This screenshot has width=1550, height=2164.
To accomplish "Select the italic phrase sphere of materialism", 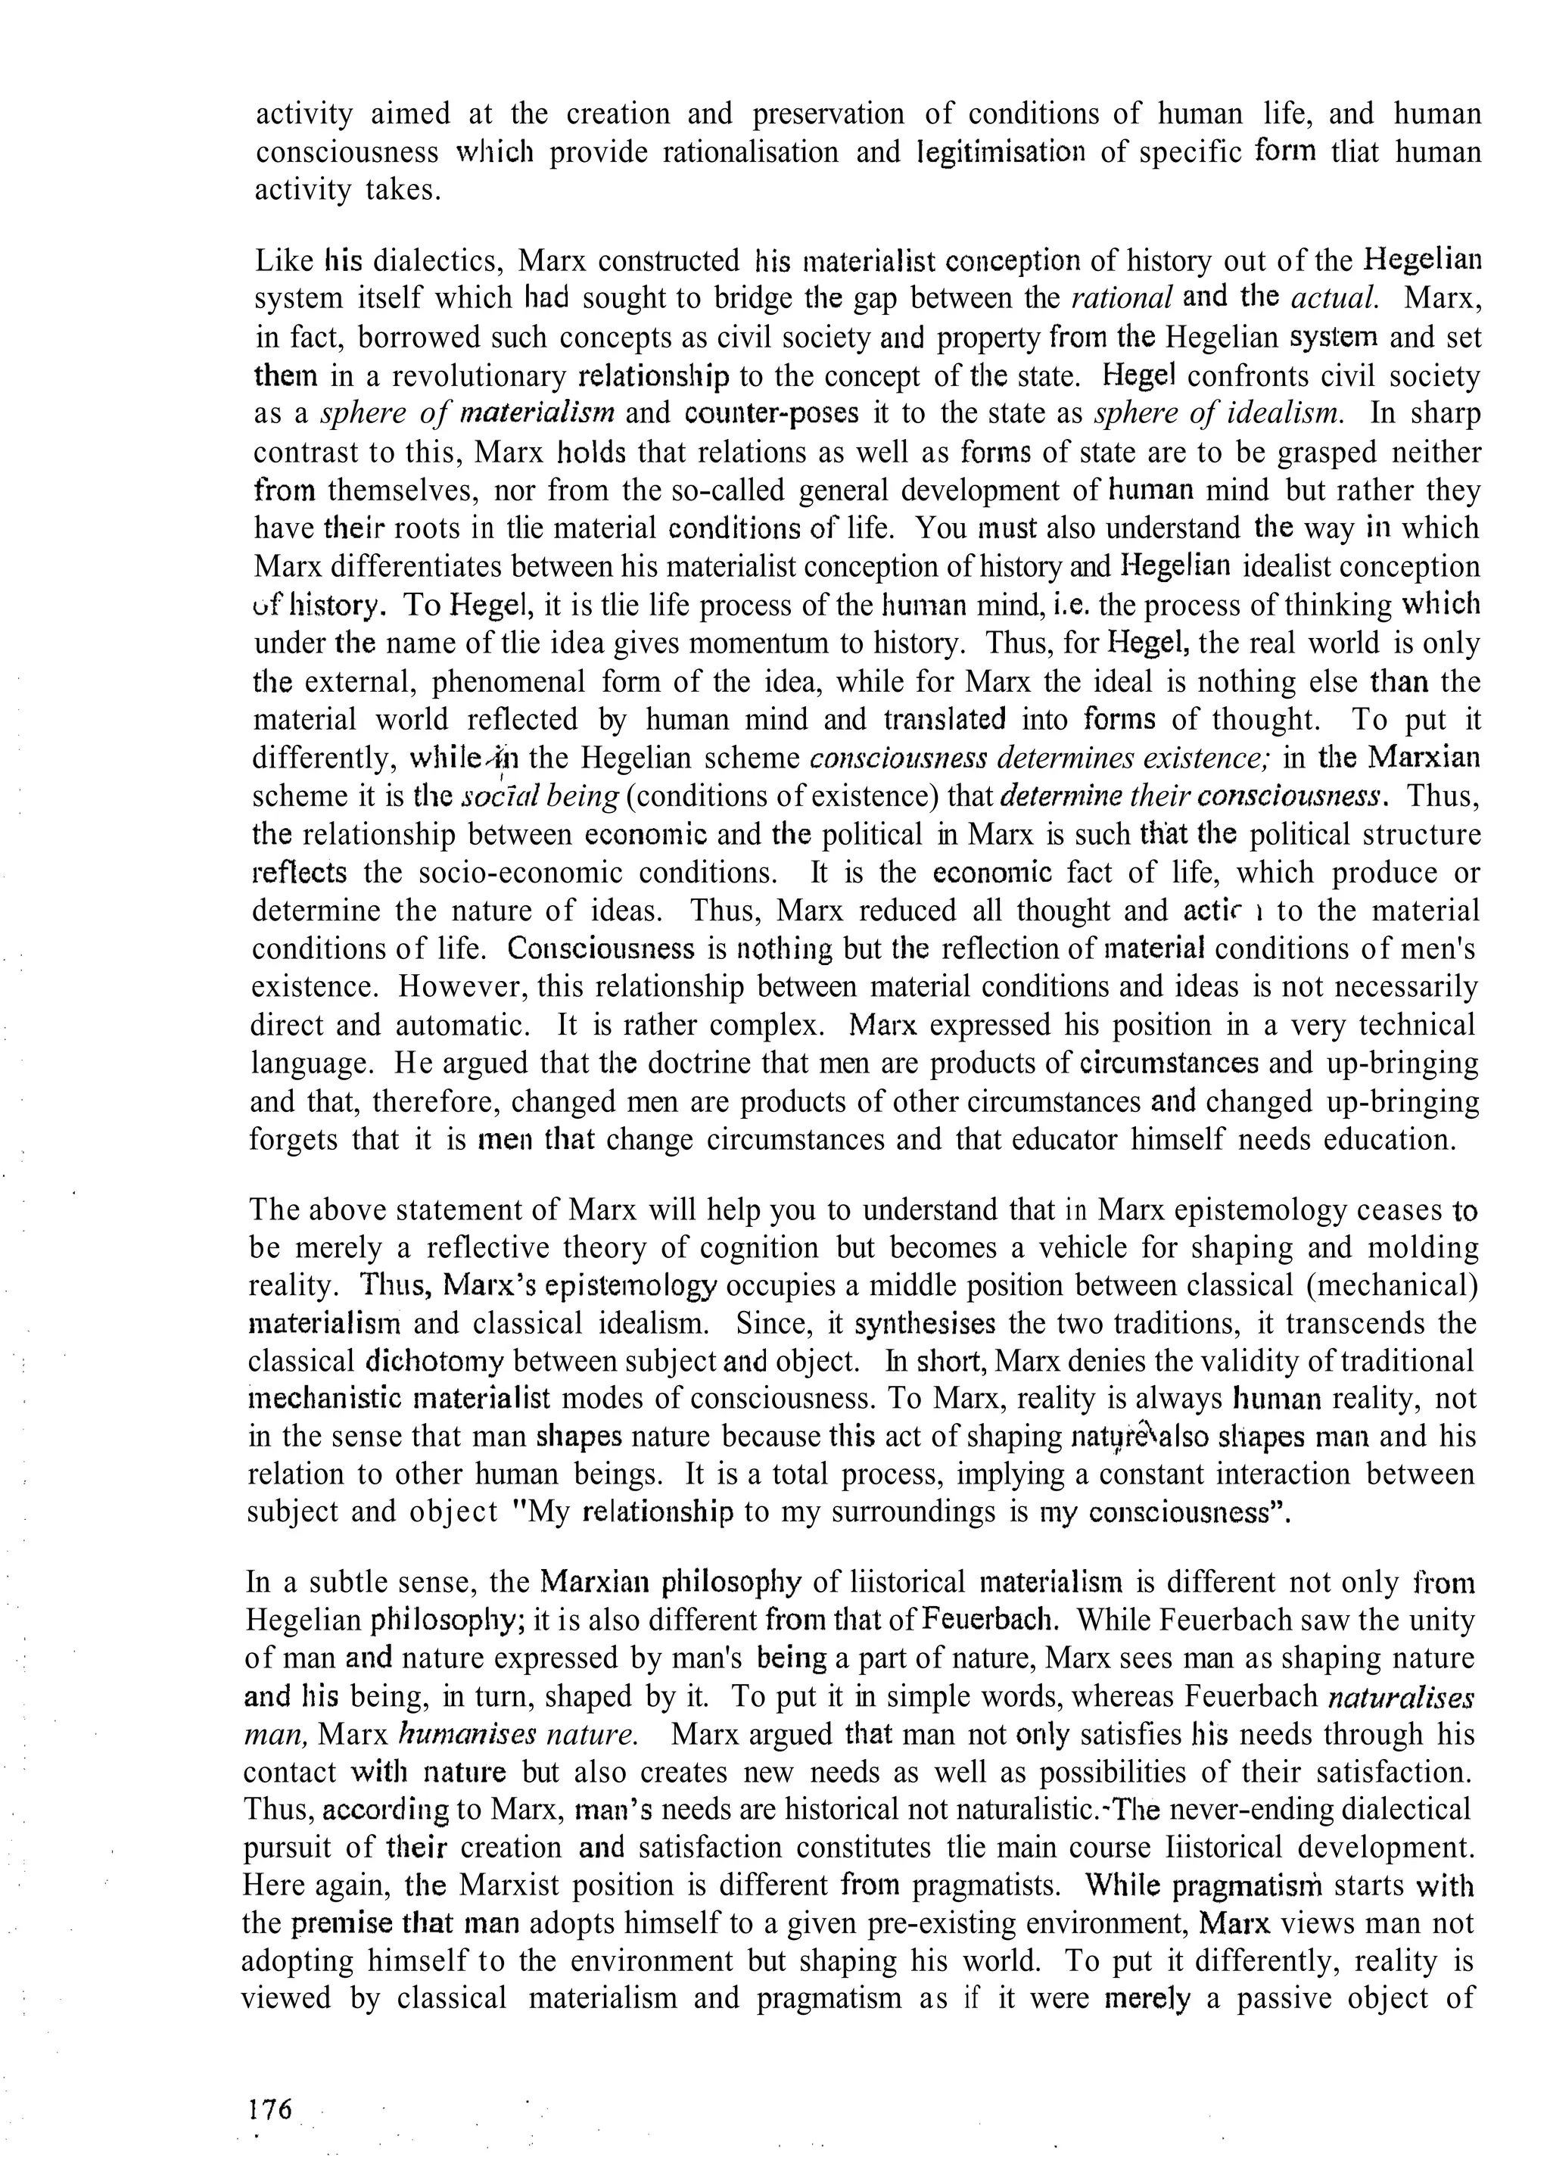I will pyautogui.click(x=466, y=414).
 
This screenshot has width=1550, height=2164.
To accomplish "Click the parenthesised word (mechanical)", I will pyautogui.click(x=1391, y=1285).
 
